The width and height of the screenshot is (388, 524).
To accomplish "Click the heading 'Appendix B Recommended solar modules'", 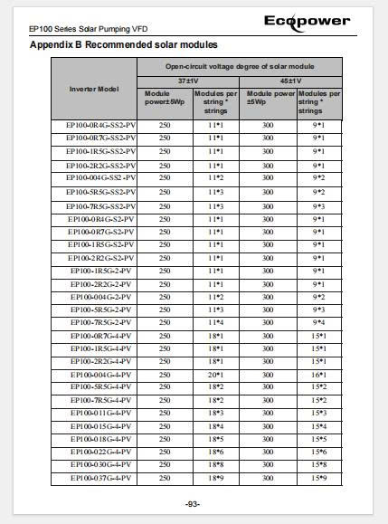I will tap(124, 44).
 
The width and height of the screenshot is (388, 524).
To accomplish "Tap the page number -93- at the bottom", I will tap(193, 504).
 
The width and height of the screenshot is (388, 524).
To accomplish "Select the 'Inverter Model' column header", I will tap(95, 89).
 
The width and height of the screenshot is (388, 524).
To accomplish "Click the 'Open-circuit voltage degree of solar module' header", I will tap(240, 66).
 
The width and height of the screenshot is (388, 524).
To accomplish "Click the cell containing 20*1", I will tap(216, 374).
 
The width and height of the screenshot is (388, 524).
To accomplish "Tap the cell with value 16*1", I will tap(319, 374).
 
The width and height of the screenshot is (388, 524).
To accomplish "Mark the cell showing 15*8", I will tap(319, 464).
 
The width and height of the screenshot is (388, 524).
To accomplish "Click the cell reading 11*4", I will tap(216, 322).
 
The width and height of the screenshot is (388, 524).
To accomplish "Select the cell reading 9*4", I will tap(319, 322).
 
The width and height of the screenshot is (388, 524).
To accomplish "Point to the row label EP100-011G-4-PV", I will tap(101, 413).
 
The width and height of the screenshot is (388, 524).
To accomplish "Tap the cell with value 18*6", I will tap(216, 452).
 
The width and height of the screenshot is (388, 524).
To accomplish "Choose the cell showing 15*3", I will tap(319, 413).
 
